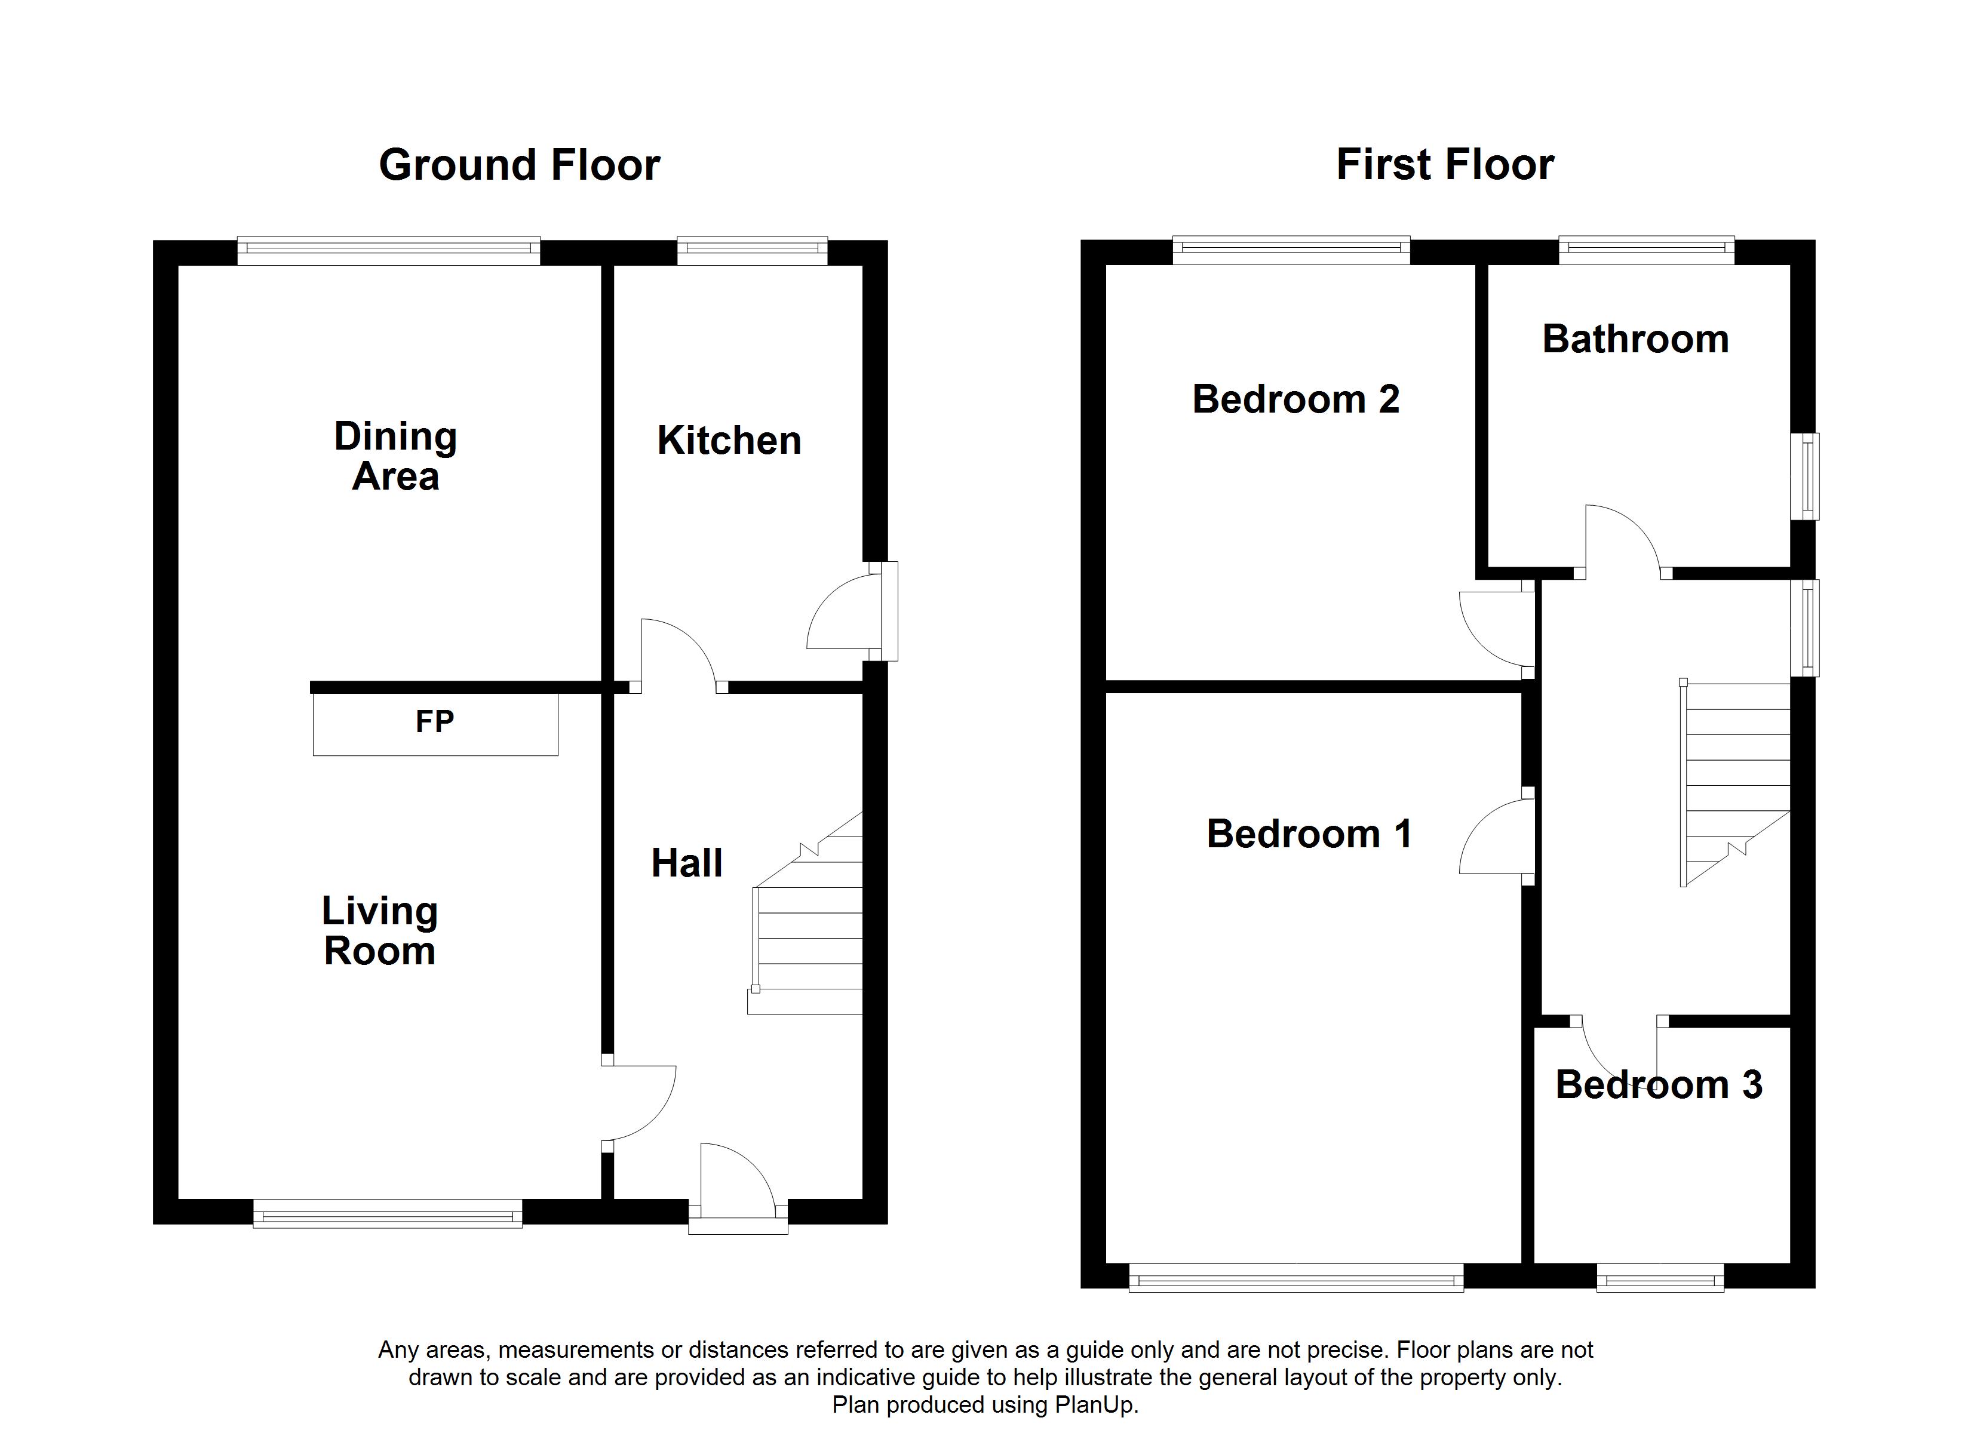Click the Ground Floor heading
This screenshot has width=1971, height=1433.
point(519,165)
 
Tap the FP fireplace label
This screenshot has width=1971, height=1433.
point(435,721)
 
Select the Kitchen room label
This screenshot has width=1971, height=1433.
point(729,441)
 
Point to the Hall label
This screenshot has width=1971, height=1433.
point(686,863)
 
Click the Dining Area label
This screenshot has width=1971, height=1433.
point(395,456)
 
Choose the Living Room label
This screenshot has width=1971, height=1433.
point(380,931)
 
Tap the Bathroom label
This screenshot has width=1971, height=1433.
point(1635,339)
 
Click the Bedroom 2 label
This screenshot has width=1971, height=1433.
point(1295,399)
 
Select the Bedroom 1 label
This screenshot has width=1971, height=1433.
point(1309,834)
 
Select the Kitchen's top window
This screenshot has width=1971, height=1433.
point(753,251)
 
